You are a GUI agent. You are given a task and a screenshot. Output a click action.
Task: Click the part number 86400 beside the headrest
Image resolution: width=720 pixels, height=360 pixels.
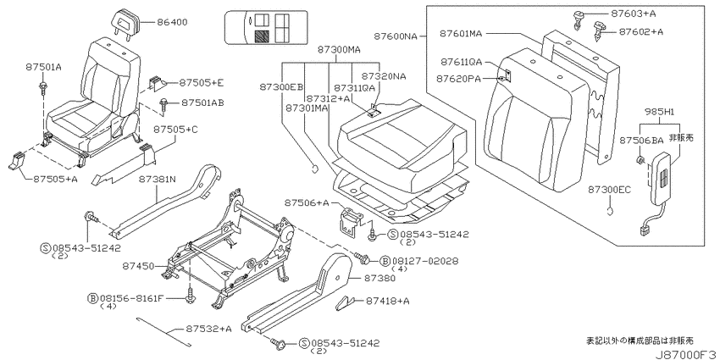pos(172,22)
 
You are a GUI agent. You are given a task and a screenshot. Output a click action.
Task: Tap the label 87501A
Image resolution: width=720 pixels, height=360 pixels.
pos(43,67)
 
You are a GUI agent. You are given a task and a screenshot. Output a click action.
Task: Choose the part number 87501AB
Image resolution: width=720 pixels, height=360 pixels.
pos(202,102)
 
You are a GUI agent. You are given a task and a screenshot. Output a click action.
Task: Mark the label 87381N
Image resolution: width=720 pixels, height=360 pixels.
pos(158,179)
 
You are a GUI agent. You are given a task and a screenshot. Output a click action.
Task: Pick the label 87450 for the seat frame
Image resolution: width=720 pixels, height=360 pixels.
pos(138,266)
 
